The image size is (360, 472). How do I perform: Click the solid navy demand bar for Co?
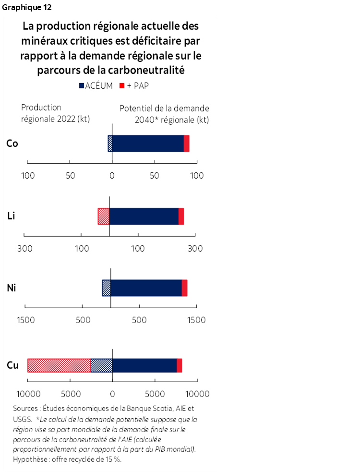[x=148, y=144]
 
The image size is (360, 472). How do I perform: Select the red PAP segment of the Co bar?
[x=187, y=144]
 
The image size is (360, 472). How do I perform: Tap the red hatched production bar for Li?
[x=103, y=216]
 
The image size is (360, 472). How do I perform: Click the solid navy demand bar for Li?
[x=144, y=216]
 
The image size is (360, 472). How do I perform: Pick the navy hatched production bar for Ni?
[x=106, y=288]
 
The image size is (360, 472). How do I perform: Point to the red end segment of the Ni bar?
[x=184, y=288]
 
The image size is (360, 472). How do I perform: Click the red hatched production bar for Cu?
[x=59, y=365]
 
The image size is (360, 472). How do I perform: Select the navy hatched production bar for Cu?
[x=101, y=365]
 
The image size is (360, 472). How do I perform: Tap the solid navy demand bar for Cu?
[x=144, y=365]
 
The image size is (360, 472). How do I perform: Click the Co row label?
[x=12, y=143]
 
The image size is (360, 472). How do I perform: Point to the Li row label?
[x=12, y=216]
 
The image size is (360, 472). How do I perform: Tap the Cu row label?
[x=12, y=365]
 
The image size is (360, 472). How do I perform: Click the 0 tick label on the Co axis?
[x=112, y=176]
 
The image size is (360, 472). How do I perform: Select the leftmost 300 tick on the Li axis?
[x=24, y=249]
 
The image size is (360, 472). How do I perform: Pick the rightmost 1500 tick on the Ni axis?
[x=196, y=320]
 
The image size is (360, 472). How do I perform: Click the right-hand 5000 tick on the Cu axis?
[x=155, y=395]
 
